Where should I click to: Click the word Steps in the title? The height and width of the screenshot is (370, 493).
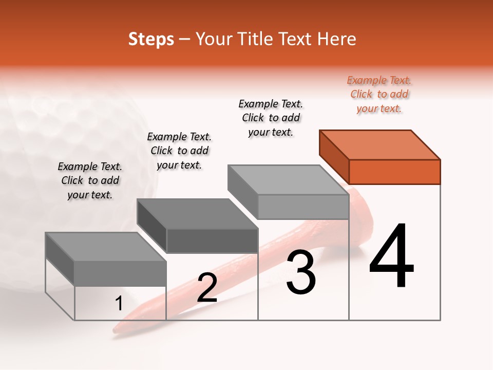(151, 39)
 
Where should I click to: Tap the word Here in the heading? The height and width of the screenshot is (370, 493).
(336, 39)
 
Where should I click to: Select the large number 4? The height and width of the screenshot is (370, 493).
(392, 256)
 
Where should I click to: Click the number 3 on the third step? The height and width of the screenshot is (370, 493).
(301, 272)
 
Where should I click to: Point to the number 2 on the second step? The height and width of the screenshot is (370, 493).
(207, 287)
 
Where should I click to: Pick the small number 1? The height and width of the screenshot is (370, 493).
(119, 303)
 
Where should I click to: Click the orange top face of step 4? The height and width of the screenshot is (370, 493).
(380, 144)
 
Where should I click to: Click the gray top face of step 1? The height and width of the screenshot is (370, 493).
(106, 247)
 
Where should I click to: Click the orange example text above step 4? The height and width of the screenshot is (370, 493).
(380, 95)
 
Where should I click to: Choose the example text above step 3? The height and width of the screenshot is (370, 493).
(271, 118)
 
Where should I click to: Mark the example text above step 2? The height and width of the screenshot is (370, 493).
(179, 151)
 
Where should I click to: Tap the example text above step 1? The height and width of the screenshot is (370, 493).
(90, 180)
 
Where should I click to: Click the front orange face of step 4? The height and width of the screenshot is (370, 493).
(394, 172)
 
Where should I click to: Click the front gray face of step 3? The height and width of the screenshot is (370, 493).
(303, 207)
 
